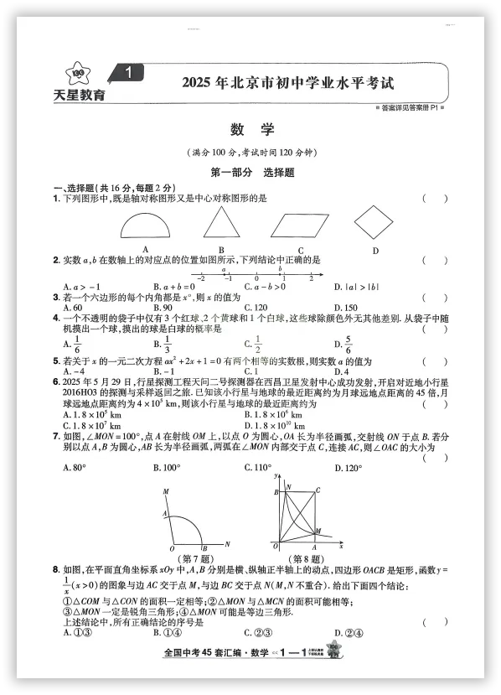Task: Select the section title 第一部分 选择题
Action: point(250,173)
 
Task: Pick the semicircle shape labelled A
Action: point(145,227)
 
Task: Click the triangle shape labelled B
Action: point(221,225)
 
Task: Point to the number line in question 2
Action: point(256,276)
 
